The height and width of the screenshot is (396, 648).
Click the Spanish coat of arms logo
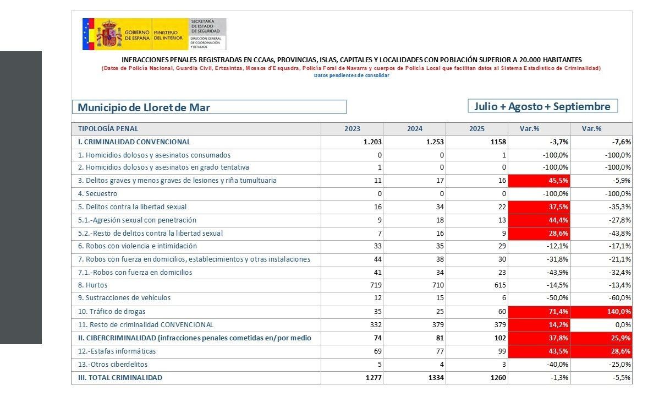point(109,34)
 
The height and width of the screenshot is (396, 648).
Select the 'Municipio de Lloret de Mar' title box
point(209,107)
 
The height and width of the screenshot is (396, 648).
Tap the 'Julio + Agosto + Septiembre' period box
point(542,106)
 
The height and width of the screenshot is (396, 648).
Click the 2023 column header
point(352,129)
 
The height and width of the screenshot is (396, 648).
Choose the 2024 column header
point(415,129)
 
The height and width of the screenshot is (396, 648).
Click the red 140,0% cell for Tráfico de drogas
point(601,312)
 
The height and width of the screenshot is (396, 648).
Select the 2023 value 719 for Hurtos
point(375,285)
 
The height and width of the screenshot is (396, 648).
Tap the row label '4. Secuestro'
point(97,194)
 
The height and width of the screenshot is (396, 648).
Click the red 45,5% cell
point(539,181)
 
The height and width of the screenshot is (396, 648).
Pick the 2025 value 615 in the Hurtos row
point(499,285)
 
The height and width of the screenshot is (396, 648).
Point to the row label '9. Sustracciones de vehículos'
point(124,298)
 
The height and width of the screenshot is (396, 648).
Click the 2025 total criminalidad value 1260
point(498,377)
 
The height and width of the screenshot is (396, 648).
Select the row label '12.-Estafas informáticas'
point(117,351)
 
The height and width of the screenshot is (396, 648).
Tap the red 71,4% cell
point(539,312)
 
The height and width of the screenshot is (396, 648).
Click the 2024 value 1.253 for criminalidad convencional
point(435,142)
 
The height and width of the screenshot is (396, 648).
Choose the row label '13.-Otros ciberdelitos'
point(113,365)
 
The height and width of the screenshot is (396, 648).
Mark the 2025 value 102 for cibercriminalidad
point(500,338)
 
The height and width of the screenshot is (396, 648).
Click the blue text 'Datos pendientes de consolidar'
point(352,75)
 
